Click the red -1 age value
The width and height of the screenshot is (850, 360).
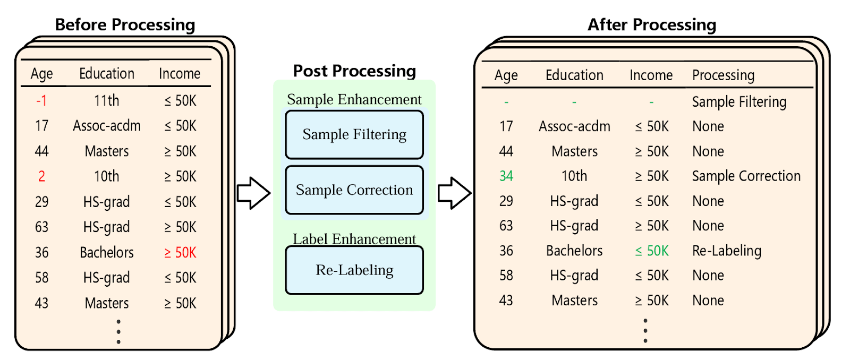[41, 100]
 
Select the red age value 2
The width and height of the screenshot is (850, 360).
[41, 176]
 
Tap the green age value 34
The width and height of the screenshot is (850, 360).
[506, 176]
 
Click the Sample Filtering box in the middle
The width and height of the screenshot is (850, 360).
[354, 135]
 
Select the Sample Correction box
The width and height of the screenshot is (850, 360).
[354, 190]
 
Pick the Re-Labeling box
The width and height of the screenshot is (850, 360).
[354, 270]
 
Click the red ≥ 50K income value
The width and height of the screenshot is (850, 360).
[180, 253]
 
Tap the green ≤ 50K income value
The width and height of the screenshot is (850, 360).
[652, 251]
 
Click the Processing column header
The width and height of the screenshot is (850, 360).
[723, 75]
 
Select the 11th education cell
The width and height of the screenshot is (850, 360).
[107, 100]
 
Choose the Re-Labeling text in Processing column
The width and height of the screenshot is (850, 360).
[726, 251]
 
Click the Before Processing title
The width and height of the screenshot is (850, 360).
[125, 24]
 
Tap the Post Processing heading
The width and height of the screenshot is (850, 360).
[354, 71]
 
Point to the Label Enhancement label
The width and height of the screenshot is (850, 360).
[354, 239]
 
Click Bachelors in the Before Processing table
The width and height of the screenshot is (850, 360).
[107, 253]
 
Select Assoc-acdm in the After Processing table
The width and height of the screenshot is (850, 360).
[574, 126]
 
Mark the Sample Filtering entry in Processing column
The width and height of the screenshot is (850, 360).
[739, 102]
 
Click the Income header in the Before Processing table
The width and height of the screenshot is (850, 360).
[180, 73]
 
